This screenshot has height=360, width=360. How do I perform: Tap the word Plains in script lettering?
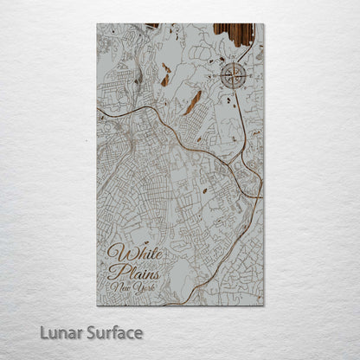coord(129,273)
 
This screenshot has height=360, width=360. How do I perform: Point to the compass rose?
coord(234,76)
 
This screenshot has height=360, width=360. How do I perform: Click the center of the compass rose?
coord(234,76)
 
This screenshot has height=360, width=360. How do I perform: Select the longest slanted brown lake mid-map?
coord(191,103)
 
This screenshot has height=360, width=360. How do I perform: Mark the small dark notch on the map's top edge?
coord(152,26)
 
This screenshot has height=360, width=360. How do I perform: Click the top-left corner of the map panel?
coord(97,24)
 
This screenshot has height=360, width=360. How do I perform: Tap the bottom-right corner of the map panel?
coord(263,305)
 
